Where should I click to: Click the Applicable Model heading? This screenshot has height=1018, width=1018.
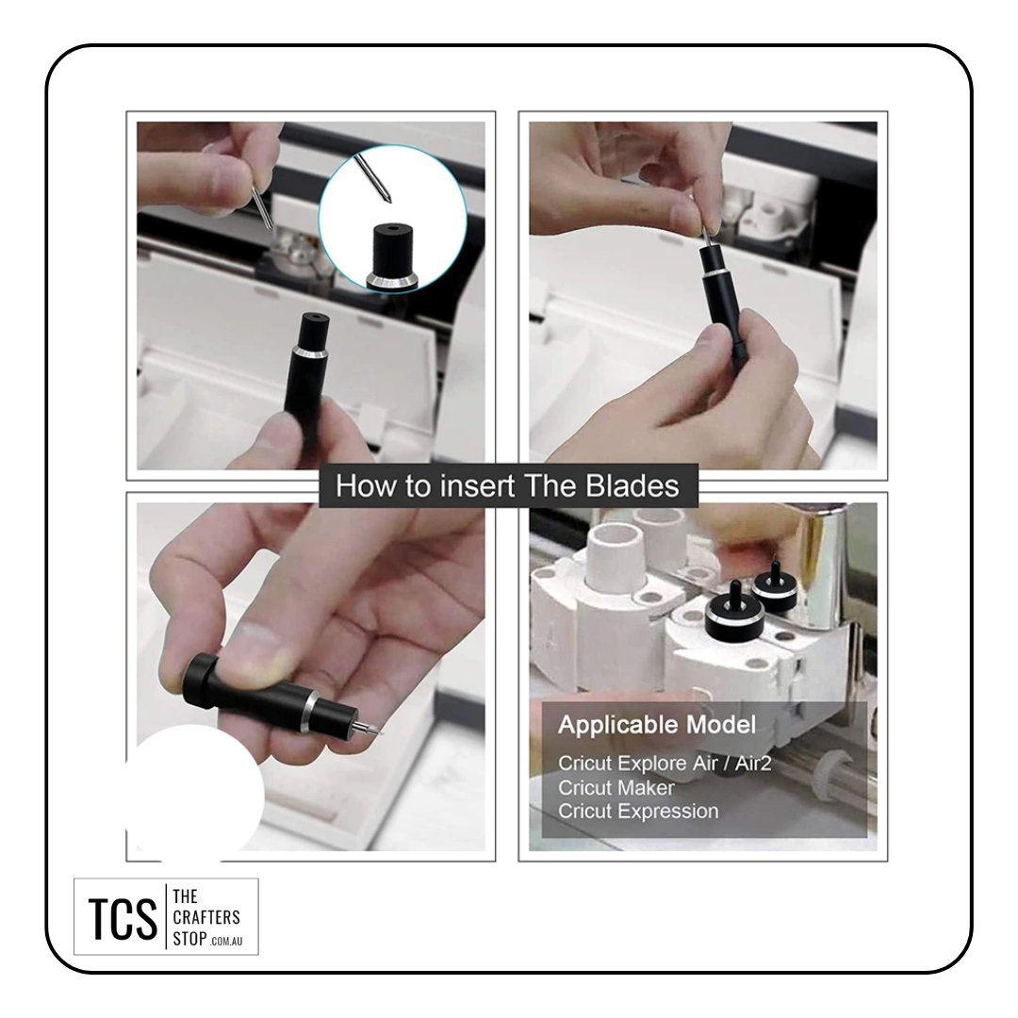(657, 725)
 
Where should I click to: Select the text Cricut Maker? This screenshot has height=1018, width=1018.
(616, 787)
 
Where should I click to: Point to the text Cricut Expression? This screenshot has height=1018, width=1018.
(638, 812)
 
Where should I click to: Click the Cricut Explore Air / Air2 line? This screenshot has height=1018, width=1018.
(665, 763)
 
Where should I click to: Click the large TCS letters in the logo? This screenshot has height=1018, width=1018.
(123, 919)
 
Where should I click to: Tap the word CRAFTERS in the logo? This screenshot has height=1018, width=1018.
(206, 917)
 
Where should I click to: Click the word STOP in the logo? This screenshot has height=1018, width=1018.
(189, 939)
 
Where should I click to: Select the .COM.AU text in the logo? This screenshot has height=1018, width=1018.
(226, 942)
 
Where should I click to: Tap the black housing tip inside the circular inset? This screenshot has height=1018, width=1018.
(392, 255)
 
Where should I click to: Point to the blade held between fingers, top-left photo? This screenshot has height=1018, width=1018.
(261, 207)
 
